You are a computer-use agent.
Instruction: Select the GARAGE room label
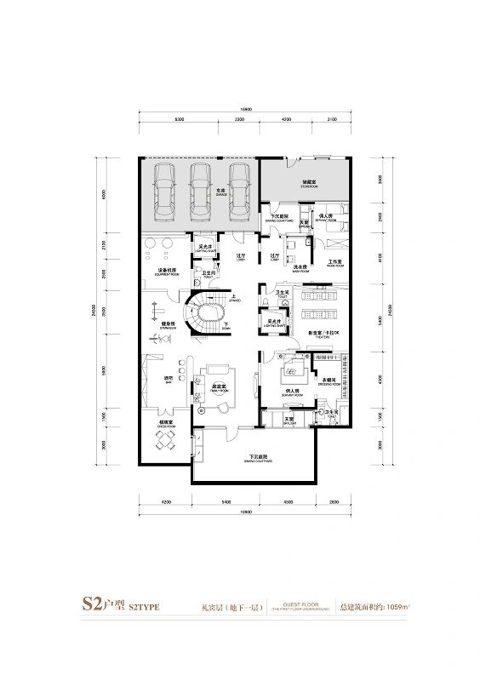tap(220, 195)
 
